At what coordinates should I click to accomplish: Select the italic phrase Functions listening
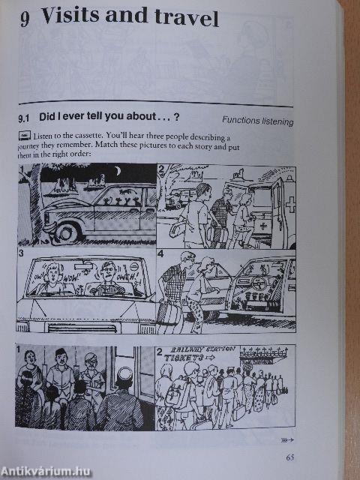(x=257, y=121)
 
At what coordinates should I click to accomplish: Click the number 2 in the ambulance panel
(x=161, y=169)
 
